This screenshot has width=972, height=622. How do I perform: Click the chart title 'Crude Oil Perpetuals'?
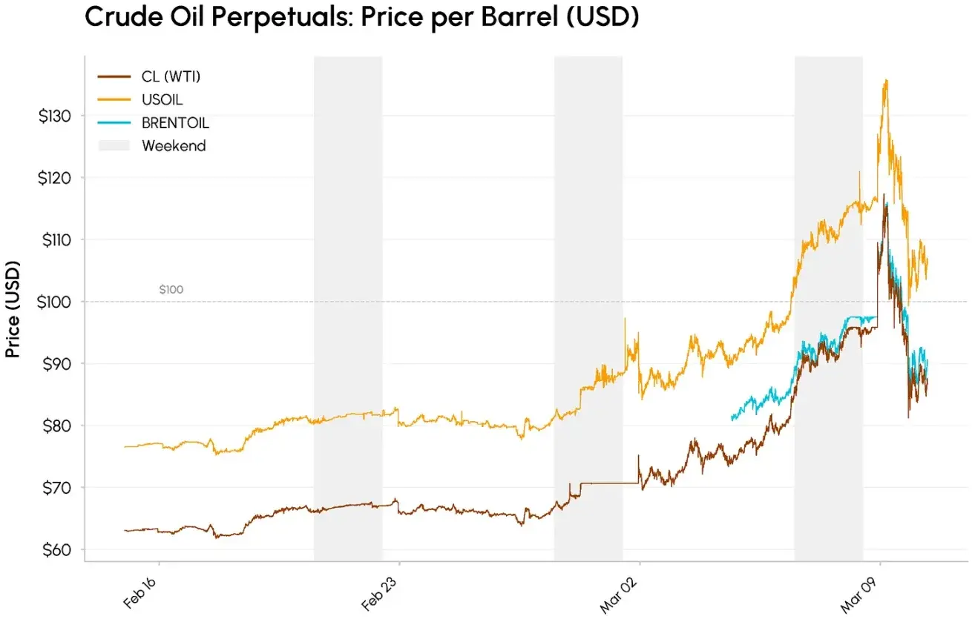[x=361, y=17]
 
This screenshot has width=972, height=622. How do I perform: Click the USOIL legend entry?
[x=162, y=99]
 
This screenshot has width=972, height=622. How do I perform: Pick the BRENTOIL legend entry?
[x=175, y=123]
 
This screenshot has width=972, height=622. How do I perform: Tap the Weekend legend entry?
[x=174, y=146]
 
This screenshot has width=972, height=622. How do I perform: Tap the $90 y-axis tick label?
[x=56, y=364]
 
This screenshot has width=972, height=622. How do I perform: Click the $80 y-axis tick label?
[x=56, y=426]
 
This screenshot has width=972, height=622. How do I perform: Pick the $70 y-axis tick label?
[x=56, y=488]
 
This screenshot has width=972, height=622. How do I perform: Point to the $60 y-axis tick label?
[x=56, y=550]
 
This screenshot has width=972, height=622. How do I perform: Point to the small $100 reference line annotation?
[x=171, y=290]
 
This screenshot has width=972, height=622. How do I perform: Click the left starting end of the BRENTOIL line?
[x=732, y=420]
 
